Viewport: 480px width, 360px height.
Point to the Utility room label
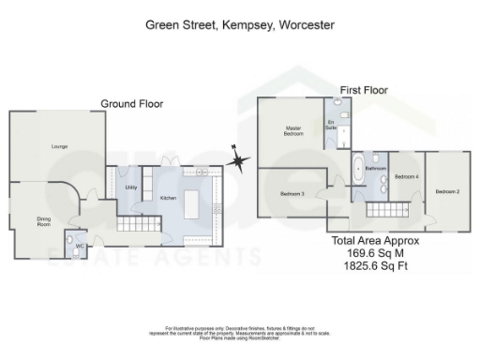click(131, 187)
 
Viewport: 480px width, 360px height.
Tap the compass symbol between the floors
click(240, 163)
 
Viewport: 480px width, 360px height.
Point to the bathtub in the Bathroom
click(358, 172)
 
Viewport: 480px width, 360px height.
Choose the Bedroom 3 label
click(292, 194)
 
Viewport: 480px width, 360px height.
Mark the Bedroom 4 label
click(406, 176)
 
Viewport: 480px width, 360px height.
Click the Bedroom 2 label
click(447, 192)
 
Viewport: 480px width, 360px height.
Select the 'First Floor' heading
click(364, 90)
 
